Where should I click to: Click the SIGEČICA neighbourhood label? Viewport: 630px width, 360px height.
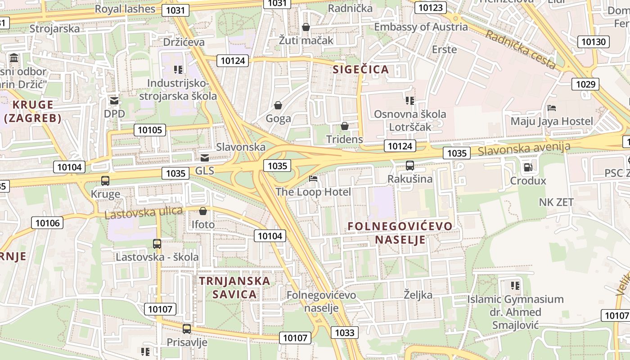click(x=360, y=69)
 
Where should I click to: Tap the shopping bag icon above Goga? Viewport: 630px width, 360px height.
click(x=278, y=105)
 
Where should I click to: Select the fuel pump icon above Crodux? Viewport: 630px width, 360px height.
click(x=527, y=167)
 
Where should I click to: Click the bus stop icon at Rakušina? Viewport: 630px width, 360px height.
click(x=409, y=165)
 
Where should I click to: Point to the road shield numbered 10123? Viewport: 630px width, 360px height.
click(x=430, y=8)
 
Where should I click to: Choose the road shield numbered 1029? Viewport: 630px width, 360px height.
click(x=585, y=84)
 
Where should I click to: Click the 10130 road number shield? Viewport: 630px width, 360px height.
click(x=594, y=42)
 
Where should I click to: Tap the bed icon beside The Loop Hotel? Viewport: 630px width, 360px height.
click(x=313, y=179)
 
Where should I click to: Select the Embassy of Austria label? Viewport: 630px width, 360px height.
click(x=421, y=27)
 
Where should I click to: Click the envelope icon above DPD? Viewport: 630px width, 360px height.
click(x=114, y=101)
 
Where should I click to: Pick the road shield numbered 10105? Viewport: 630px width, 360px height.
click(x=149, y=130)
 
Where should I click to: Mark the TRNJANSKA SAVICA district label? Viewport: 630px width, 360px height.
click(x=234, y=288)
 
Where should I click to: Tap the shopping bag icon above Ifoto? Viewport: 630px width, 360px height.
click(x=203, y=211)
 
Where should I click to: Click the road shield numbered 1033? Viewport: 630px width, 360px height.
click(x=345, y=333)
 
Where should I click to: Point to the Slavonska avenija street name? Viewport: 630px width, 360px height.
click(x=524, y=148)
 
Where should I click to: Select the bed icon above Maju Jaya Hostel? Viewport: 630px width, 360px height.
click(x=552, y=108)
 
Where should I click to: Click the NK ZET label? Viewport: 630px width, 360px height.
click(x=556, y=202)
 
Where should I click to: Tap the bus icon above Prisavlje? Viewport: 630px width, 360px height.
click(x=187, y=328)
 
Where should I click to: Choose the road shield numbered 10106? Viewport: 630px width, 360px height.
click(x=47, y=223)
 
